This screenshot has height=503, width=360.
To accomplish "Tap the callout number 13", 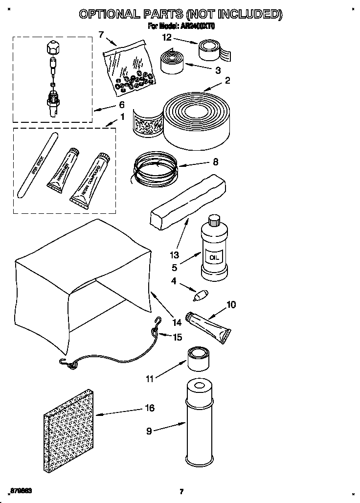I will (175, 255).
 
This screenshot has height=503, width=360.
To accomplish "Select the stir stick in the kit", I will (38, 165).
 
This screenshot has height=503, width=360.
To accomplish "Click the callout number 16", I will (149, 408).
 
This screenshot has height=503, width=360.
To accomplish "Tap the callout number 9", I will (149, 431).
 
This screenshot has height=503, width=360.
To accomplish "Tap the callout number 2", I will (227, 81).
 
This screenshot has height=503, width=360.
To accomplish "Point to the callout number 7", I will (101, 34).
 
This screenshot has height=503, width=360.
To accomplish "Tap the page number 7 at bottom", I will (181, 491).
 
